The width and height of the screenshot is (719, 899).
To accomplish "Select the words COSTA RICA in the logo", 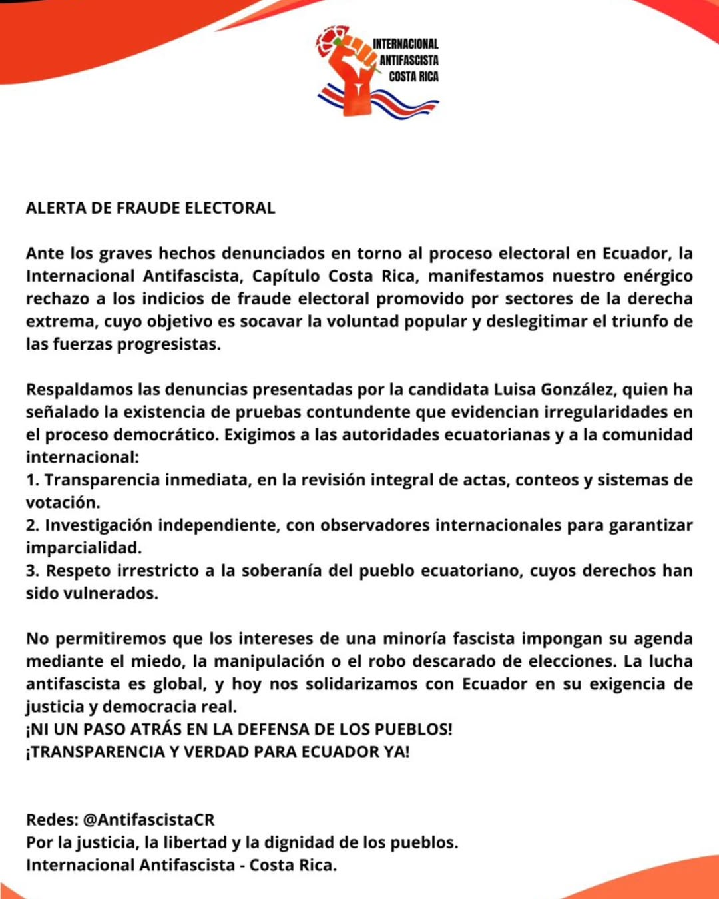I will click(x=413, y=77).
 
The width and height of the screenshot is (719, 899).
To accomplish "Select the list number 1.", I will click(x=32, y=480).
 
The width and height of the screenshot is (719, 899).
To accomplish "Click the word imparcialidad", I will click(x=84, y=548).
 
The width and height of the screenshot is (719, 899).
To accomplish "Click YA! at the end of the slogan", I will click(x=396, y=752).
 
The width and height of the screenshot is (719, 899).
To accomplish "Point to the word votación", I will click(x=63, y=503).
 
